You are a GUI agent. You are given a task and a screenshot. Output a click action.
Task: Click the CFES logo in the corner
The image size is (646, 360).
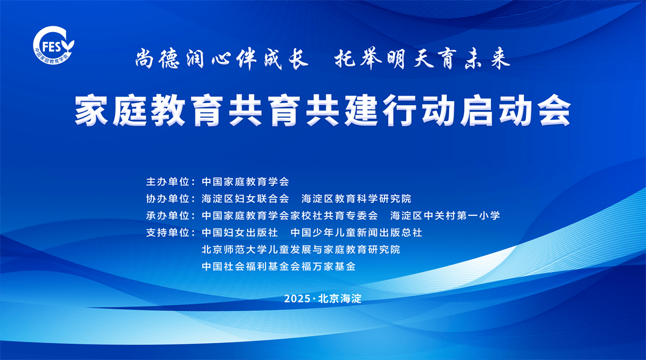coord(53,45)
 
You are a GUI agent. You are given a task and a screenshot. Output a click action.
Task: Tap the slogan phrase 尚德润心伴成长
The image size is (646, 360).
coord(222,59)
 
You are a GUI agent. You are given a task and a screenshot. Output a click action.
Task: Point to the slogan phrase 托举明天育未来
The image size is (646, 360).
coord(423,59)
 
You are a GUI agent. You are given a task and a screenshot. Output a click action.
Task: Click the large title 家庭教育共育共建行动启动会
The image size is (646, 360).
coord(323,111)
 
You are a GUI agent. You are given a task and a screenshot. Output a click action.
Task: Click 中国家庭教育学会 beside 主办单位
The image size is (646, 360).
coord(246,182)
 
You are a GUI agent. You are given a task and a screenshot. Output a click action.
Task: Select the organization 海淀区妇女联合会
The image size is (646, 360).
coord(246,199)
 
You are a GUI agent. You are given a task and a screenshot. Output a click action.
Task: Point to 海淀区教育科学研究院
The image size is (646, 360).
coord(356,199)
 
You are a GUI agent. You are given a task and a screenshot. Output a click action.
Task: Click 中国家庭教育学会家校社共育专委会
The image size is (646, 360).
coord(290,215)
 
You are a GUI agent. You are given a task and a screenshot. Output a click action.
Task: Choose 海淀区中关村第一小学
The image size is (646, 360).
coord(445,215)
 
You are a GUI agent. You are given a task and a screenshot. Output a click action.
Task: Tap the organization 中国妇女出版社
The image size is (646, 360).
coord(240,233)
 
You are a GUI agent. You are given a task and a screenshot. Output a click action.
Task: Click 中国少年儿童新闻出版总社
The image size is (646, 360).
coord(356,233)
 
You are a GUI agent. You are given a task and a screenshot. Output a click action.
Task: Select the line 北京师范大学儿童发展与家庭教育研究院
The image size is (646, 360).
coord(301,249)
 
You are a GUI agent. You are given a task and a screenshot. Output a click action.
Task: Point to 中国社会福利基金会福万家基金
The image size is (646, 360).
coord(279,267)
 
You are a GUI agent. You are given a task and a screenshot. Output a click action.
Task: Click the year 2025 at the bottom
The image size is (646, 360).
coord(297,298)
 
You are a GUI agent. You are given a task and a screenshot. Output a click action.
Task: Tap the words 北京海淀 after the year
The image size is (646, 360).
coord(340,298)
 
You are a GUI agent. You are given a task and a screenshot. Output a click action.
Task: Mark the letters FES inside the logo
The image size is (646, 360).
coord(52,47)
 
